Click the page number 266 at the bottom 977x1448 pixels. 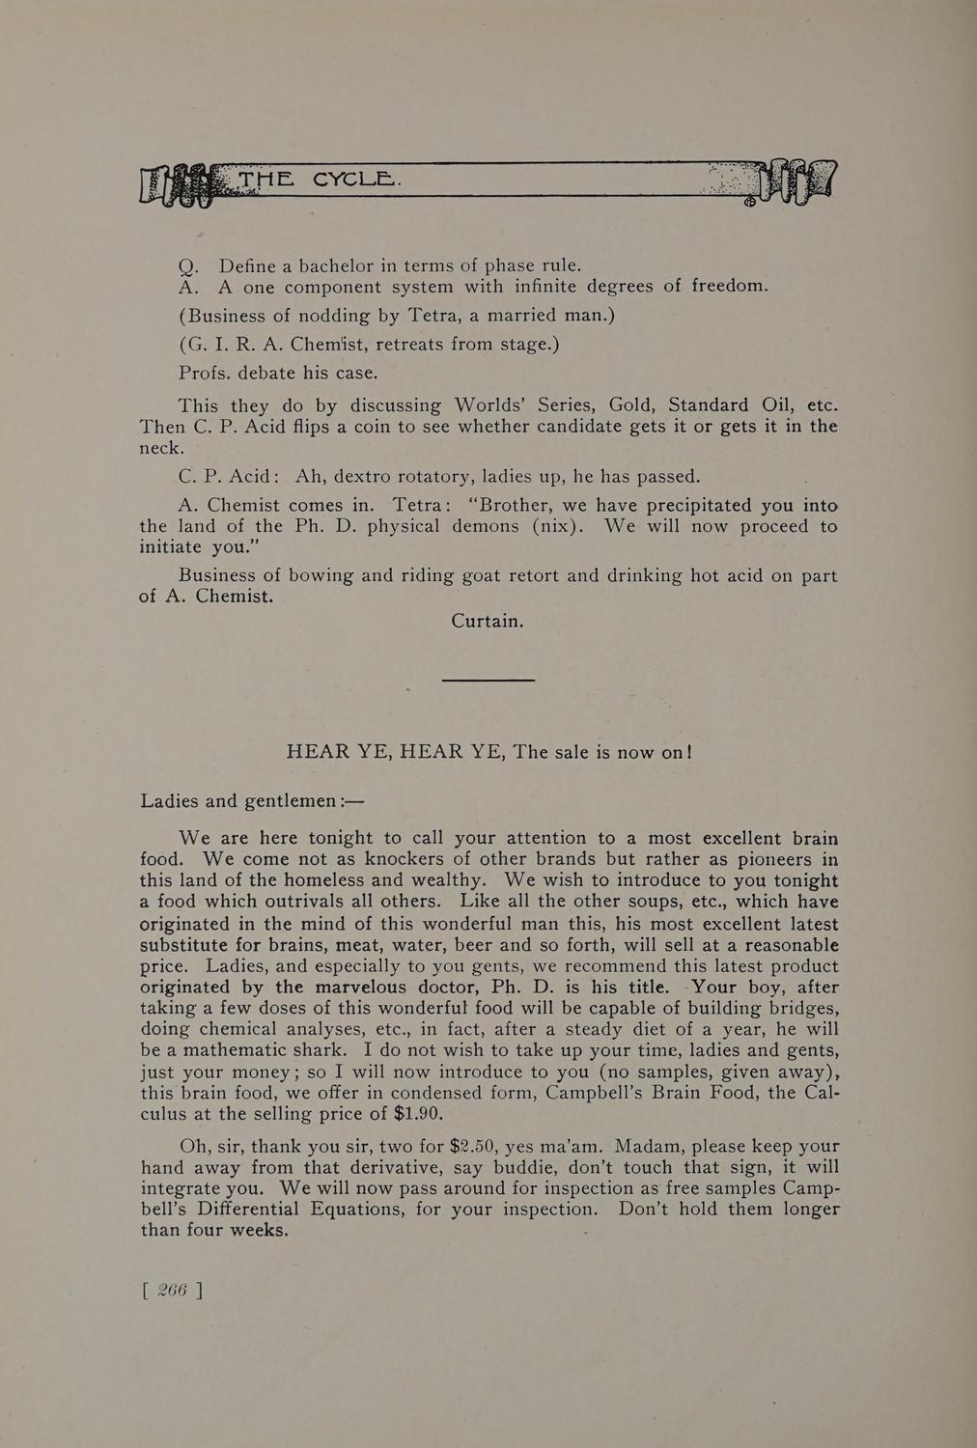pyautogui.click(x=172, y=1291)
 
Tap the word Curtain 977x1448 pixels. pyautogui.click(x=487, y=621)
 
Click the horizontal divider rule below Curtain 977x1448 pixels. pyautogui.click(x=488, y=680)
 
